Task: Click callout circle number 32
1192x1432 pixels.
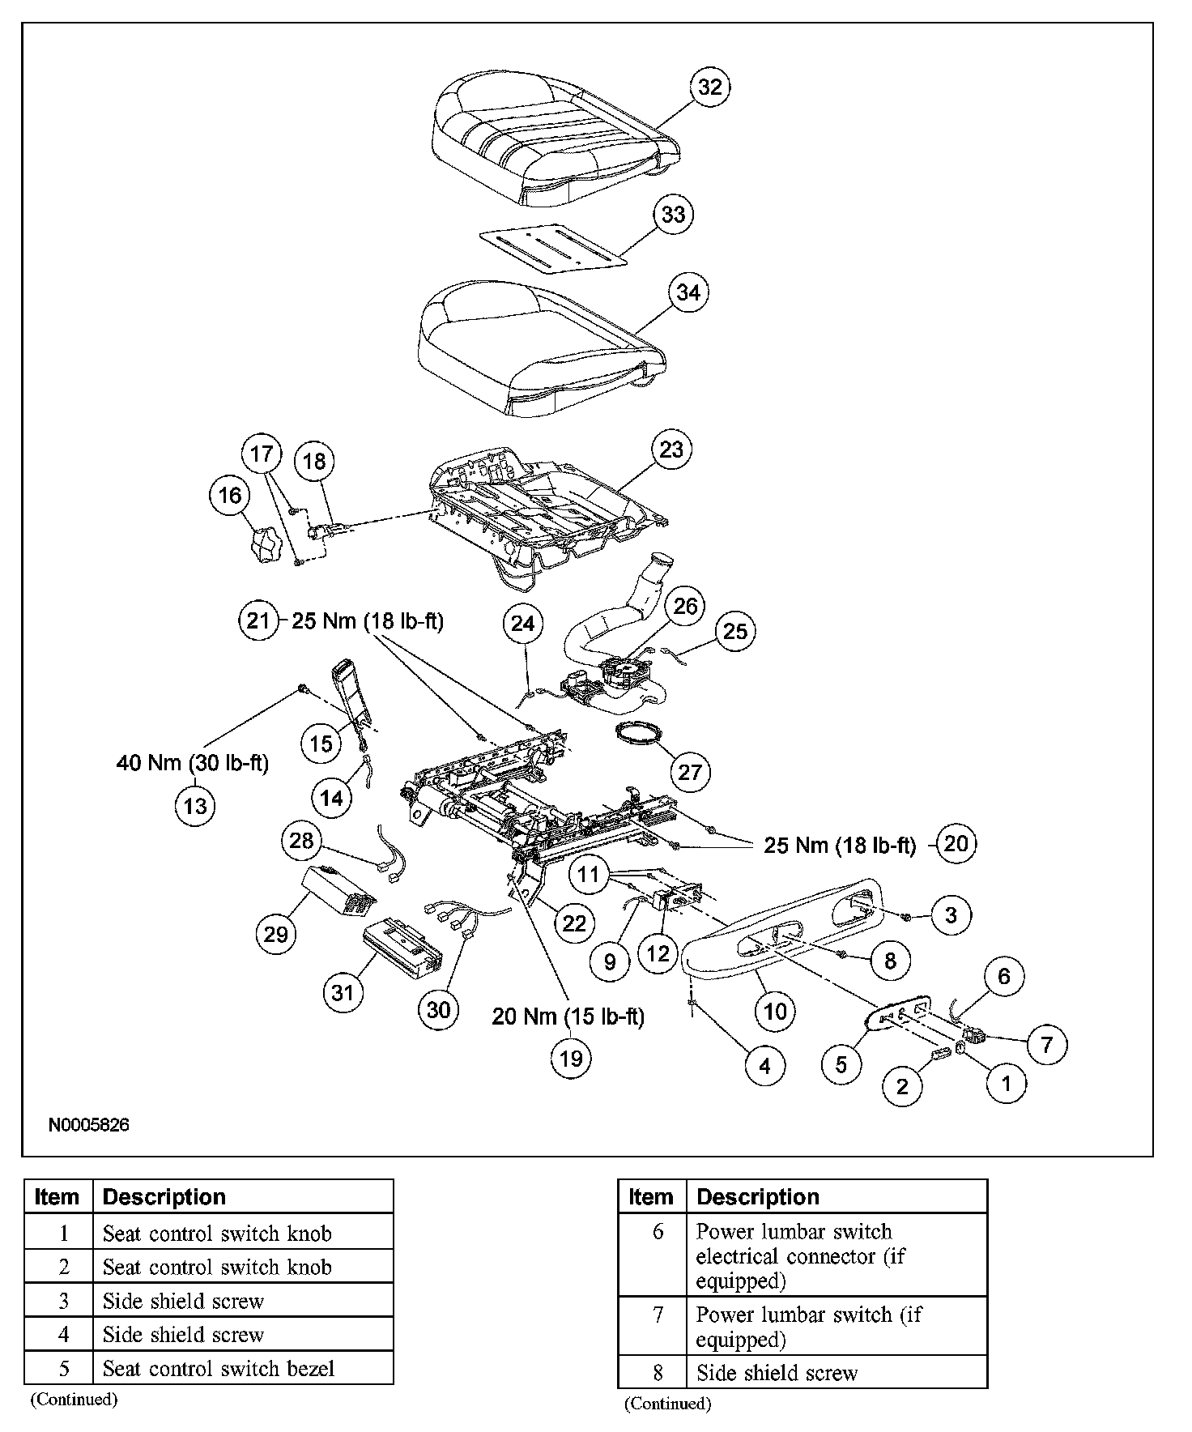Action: coord(709,87)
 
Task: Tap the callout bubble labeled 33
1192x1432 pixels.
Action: coord(673,215)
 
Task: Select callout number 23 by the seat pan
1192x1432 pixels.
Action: coord(671,450)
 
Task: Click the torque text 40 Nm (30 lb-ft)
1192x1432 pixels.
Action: coord(192,762)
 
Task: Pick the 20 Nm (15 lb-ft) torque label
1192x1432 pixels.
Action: coord(568,1016)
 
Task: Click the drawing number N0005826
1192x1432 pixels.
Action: coord(89,1125)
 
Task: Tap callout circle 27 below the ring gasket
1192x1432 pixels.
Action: coord(689,772)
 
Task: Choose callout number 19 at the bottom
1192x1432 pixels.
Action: coord(571,1059)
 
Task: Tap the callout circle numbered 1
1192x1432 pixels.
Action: coord(1007,1083)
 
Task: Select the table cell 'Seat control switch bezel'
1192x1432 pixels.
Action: coord(219,1369)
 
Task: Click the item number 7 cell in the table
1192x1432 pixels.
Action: coord(658,1315)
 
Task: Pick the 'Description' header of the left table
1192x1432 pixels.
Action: coord(164,1196)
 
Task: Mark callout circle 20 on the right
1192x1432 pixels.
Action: coord(956,844)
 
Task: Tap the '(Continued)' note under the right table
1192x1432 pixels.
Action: coord(667,1404)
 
